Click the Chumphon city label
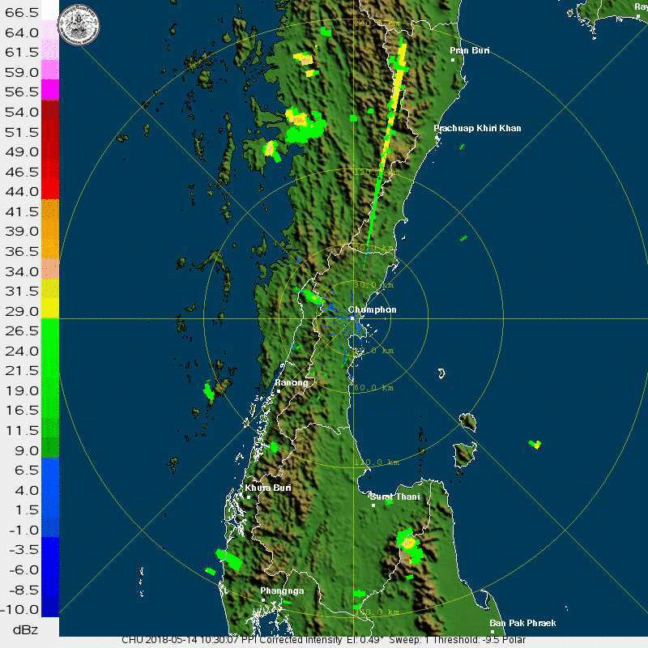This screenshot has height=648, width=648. click(372, 309)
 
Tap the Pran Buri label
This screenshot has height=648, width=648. click(470, 51)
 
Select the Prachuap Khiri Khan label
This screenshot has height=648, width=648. click(477, 128)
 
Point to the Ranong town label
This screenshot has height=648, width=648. click(292, 382)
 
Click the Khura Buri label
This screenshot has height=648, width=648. click(268, 488)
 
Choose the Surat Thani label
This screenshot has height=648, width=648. click(395, 497)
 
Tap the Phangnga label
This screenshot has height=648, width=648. click(282, 590)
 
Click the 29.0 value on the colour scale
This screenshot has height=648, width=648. click(22, 311)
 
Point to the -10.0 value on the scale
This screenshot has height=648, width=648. click(22, 609)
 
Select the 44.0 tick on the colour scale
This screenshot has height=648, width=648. click(22, 192)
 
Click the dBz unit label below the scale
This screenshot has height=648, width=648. click(22, 629)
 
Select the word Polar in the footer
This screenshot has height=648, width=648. click(512, 640)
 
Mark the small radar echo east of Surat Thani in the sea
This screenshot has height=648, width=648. click(535, 444)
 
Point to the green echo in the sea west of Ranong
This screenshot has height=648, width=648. click(209, 392)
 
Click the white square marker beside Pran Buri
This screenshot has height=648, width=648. click(454, 59)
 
